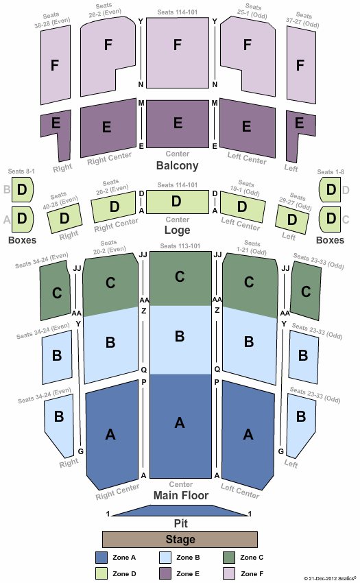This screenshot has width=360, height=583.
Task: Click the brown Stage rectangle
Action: [x=180, y=539]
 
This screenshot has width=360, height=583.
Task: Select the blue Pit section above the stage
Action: [x=180, y=511]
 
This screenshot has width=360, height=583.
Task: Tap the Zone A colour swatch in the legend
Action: [x=101, y=558]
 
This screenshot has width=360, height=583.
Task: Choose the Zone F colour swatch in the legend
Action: [x=229, y=573]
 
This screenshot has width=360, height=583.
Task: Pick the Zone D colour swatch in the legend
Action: [x=101, y=573]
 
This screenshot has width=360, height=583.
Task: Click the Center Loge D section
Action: [x=178, y=202]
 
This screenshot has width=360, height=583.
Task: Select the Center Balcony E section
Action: [x=178, y=124]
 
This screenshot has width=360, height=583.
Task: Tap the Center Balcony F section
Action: [x=178, y=53]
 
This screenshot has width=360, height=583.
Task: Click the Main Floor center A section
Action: [x=180, y=426]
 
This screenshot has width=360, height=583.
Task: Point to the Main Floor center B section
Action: [x=180, y=340]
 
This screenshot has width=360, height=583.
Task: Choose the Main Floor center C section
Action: [x=180, y=278]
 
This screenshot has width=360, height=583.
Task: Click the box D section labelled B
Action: [x=23, y=189]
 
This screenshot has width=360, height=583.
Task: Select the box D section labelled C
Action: [x=331, y=219]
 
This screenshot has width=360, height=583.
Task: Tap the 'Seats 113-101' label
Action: [x=180, y=246]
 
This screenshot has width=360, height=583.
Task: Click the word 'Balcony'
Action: [x=178, y=165]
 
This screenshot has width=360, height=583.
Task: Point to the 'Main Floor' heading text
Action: [x=181, y=495]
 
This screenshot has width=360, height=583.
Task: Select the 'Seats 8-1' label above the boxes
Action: [x=21, y=171]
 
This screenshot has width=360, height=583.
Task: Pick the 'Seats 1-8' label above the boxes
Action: [x=331, y=171]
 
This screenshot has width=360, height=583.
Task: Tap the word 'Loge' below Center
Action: [x=177, y=230]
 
